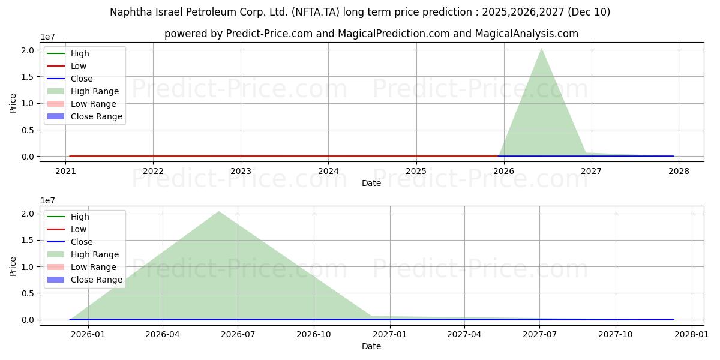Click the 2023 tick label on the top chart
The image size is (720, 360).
(x=241, y=170)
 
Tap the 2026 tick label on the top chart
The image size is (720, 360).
(x=504, y=170)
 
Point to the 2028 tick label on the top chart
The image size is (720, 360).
(x=679, y=170)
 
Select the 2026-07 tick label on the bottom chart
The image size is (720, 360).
(x=238, y=334)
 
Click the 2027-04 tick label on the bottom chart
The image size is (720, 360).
(x=464, y=334)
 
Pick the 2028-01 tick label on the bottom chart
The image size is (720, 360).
(x=692, y=334)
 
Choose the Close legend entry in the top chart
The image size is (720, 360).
(x=82, y=79)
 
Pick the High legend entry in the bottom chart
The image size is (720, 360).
(x=80, y=217)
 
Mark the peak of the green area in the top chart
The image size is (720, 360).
(x=542, y=48)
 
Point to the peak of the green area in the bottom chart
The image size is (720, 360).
(x=219, y=211)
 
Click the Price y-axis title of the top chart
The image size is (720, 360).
(x=13, y=103)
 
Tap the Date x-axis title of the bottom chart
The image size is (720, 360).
(x=371, y=346)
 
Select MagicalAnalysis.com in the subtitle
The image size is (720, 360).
(x=526, y=34)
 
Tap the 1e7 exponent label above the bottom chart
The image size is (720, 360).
(x=48, y=200)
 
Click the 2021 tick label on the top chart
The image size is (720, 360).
(x=65, y=170)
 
